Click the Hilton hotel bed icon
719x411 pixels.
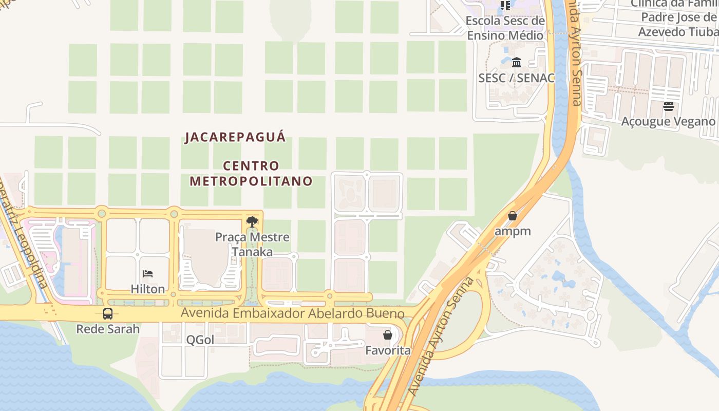pos(148,274)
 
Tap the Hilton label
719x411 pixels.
pos(148,289)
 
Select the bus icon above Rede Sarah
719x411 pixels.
pos(108,314)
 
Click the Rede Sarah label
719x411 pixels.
pos(108,329)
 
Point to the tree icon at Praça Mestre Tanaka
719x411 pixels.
pos(252,222)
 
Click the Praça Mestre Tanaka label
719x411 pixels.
pos(252,245)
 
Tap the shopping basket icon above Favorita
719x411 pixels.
pos(388,335)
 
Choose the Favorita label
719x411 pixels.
pos(388,350)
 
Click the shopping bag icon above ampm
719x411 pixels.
pos(512,216)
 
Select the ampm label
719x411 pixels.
pos(512,231)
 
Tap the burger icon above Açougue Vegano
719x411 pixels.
pos(668,106)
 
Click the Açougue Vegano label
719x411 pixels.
pos(668,122)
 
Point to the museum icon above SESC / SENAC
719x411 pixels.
pos(517,63)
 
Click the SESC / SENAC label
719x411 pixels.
pos(517,78)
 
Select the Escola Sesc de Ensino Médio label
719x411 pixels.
pos(505,28)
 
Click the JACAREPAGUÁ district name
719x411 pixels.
pos(235,137)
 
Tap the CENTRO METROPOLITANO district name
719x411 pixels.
pos(251,174)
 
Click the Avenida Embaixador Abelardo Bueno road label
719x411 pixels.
pos(293,313)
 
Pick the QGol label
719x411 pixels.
pos(200,340)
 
